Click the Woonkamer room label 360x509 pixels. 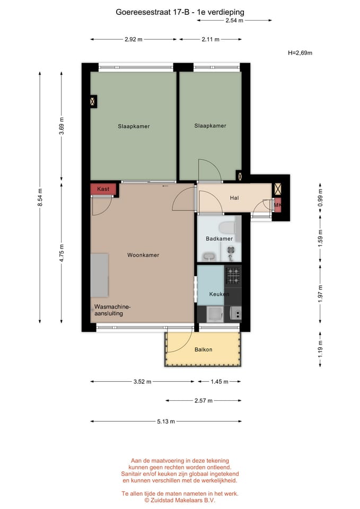coord(143,255)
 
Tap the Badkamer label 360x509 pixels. coord(219,239)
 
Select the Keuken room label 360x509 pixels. coord(219,294)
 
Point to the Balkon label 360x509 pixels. coord(203,349)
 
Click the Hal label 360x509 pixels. coord(234,198)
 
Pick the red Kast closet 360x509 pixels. coord(103,189)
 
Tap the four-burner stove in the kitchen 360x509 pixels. coord(233,275)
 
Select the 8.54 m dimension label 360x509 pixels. coord(40,197)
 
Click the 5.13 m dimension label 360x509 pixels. coord(166,422)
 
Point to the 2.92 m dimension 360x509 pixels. coord(134,40)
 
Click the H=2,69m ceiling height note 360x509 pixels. coord(300,53)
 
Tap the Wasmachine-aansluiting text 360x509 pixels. coord(112,310)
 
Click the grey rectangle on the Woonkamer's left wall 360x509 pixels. coord(99,276)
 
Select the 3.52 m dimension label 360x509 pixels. coord(142,382)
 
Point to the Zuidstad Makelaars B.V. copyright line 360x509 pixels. coord(180,501)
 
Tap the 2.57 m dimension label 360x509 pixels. coord(204,401)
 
